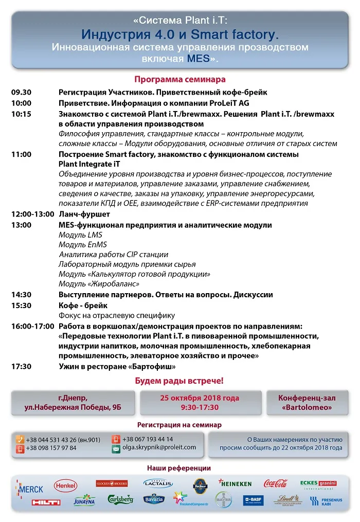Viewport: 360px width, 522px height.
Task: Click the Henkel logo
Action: click(65, 484)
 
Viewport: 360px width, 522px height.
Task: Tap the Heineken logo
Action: click(235, 483)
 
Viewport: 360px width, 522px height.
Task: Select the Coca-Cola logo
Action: click(275, 483)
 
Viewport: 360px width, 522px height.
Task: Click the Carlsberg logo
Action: click(120, 499)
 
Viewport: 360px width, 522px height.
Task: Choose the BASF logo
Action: click(253, 500)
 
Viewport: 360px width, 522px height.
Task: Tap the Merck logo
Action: click(29, 488)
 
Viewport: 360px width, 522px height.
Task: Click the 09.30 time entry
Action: click(22, 93)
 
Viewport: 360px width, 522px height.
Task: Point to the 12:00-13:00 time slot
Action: click(32, 214)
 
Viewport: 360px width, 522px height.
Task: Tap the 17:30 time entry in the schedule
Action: click(22, 366)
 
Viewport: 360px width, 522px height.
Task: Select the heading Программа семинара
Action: click(179, 80)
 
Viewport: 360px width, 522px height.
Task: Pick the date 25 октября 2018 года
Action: click(200, 398)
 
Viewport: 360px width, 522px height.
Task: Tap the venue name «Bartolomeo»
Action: click(307, 407)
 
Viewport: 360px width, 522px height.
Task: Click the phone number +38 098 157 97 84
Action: click(51, 448)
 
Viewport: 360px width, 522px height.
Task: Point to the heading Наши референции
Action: click(179, 469)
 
